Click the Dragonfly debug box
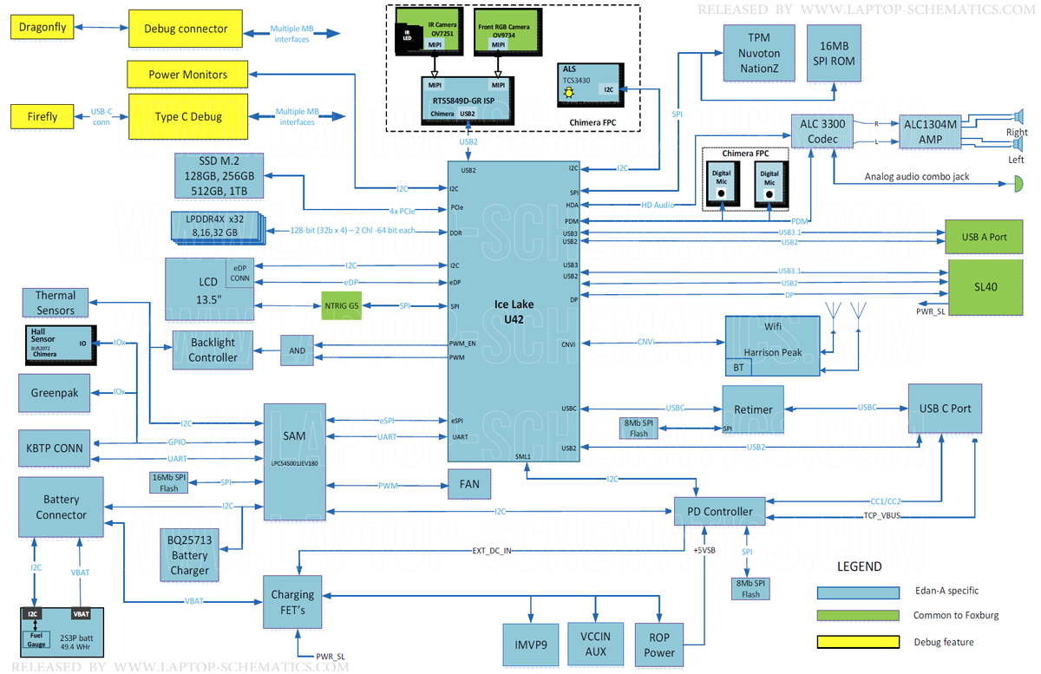[x=41, y=28]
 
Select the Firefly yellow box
[x=43, y=116]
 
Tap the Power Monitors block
[x=187, y=75]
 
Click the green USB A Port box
[x=985, y=237]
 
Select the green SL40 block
[x=985, y=286]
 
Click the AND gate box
[x=298, y=350]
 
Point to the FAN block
[x=469, y=483]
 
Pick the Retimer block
[x=753, y=409]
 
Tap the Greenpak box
[x=55, y=393]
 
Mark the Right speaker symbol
[x=1019, y=117]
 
